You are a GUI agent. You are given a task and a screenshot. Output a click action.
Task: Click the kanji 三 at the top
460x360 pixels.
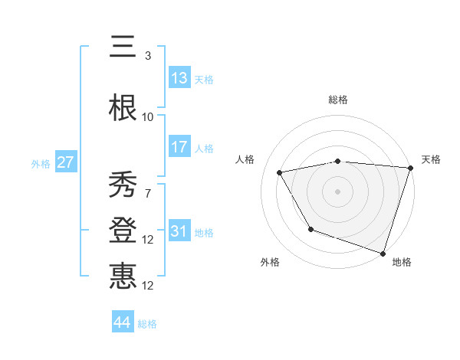[x=123, y=47]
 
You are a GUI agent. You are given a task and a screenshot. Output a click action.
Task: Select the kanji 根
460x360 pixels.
[x=123, y=108]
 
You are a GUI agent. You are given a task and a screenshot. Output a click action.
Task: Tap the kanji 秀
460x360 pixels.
[x=123, y=185]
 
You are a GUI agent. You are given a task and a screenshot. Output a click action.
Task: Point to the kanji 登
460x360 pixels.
[x=123, y=231]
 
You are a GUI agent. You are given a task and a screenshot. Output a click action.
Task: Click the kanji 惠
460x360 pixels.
[x=123, y=277]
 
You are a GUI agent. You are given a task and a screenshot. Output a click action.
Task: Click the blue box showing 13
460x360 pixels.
[x=179, y=78]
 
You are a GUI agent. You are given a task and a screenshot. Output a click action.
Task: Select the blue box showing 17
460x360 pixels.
[x=179, y=147]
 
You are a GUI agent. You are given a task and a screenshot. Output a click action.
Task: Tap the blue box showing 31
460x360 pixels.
[x=179, y=231]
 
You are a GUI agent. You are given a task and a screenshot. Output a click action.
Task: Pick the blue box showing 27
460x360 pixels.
[x=65, y=162]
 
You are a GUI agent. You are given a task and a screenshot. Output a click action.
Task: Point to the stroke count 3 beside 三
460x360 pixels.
[x=147, y=56]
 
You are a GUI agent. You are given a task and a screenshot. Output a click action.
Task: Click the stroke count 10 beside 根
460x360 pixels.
[x=147, y=117]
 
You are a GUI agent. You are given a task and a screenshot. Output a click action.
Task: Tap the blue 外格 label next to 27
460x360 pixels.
[x=41, y=163]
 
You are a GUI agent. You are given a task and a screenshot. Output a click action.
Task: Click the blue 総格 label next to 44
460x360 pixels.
[x=147, y=324]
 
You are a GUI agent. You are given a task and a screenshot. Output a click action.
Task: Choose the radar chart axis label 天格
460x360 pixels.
[x=431, y=159]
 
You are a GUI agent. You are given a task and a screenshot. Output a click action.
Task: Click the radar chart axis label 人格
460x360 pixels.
[x=245, y=159]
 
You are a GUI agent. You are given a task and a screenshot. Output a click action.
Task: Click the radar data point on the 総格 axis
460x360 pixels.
[x=337, y=161]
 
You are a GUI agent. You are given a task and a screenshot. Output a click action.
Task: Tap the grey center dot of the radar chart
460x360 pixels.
[x=337, y=191]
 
